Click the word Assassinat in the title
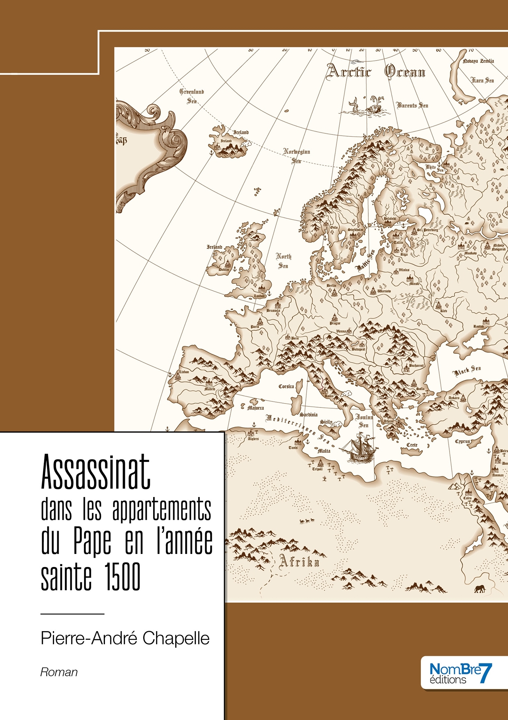(x=95, y=472)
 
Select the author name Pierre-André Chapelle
(x=125, y=638)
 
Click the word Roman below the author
(x=59, y=672)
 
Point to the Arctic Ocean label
(x=376, y=71)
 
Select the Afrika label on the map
(x=299, y=562)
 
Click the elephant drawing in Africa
(x=480, y=589)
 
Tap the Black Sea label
(x=467, y=371)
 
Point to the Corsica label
(x=286, y=386)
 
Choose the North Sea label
(x=284, y=261)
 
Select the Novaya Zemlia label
(x=478, y=61)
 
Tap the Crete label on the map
(x=412, y=445)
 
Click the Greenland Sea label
(x=192, y=96)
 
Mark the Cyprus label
(x=462, y=441)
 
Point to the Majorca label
(x=255, y=408)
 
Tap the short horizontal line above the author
(x=73, y=614)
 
